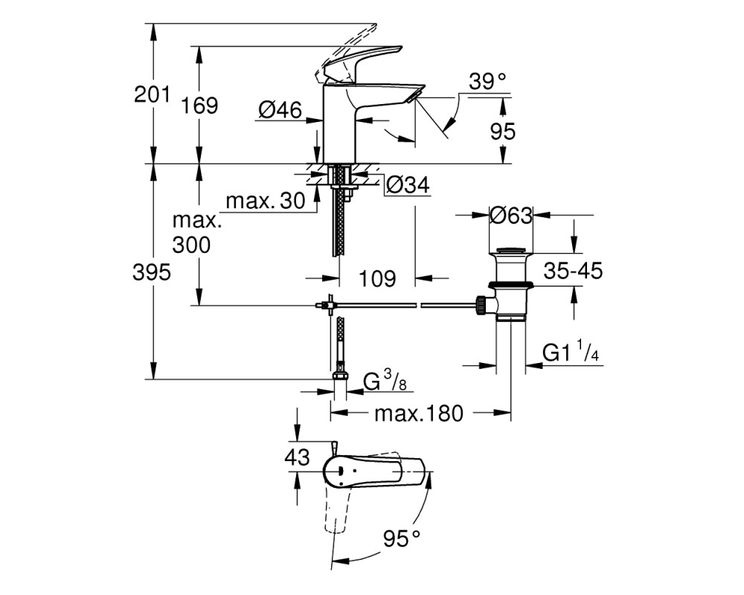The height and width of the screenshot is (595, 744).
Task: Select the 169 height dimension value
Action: point(199,106)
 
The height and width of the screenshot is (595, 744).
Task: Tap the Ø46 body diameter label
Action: point(280,110)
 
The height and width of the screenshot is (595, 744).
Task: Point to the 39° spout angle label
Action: point(488,82)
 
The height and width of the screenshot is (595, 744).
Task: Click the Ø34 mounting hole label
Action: point(408,185)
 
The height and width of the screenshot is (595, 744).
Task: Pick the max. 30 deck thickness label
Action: point(266,201)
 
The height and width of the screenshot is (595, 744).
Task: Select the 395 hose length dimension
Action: point(151,273)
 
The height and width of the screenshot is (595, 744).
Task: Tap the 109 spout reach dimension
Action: point(377,278)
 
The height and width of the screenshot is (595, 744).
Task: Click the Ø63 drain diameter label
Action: point(512,216)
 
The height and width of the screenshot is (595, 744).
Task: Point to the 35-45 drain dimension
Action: point(573,271)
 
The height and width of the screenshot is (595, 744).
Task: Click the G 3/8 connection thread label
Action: point(385,381)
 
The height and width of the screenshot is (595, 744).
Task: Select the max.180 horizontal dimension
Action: point(419,414)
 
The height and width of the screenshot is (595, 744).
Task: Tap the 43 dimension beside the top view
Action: point(297,457)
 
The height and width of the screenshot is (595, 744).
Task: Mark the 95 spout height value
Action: point(502,131)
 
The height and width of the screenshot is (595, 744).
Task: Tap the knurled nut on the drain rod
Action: point(480,304)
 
